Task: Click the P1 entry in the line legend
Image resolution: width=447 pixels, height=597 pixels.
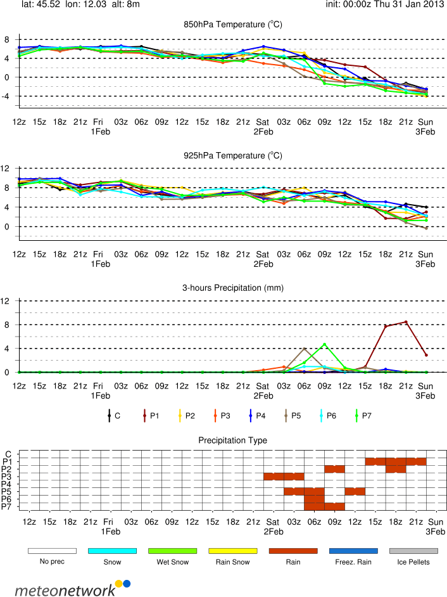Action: point(149,416)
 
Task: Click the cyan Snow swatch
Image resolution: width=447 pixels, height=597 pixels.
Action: point(112,534)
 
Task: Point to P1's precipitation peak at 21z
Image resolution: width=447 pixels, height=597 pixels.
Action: point(406,322)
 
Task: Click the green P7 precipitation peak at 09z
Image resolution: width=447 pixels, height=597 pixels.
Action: point(325,345)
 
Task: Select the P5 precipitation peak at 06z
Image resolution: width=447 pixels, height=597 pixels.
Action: point(305,349)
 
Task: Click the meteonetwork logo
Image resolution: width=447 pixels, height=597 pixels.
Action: point(72,572)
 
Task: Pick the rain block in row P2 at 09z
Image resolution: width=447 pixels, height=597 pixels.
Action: point(334,469)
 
